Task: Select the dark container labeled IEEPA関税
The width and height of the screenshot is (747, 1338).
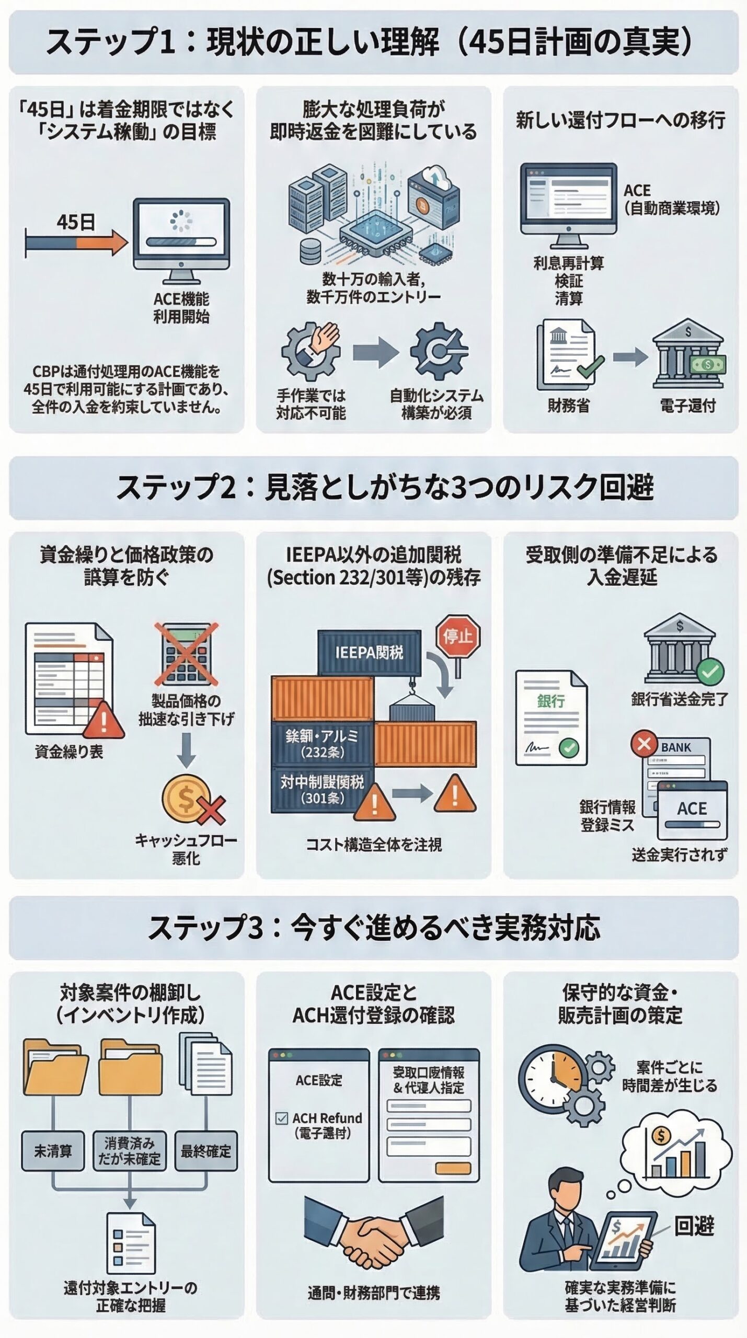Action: [x=369, y=652]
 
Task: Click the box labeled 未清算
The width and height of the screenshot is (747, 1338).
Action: [x=53, y=1151]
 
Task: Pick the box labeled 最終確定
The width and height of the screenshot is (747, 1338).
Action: [x=205, y=1151]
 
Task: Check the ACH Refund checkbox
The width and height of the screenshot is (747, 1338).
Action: [x=281, y=1118]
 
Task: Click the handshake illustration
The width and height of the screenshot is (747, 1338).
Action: [x=373, y=1229]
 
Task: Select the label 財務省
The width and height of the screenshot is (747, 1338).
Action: [x=568, y=406]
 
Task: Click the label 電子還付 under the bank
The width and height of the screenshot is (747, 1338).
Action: [x=687, y=406]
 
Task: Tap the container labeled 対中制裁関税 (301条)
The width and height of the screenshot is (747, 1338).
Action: [x=322, y=789]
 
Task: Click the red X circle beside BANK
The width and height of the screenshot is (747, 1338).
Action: [x=643, y=743]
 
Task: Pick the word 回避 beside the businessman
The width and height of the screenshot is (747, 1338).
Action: [x=694, y=1226]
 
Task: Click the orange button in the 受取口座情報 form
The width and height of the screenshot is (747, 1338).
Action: [x=453, y=1169]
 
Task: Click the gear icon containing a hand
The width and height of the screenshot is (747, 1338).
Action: [x=311, y=351]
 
